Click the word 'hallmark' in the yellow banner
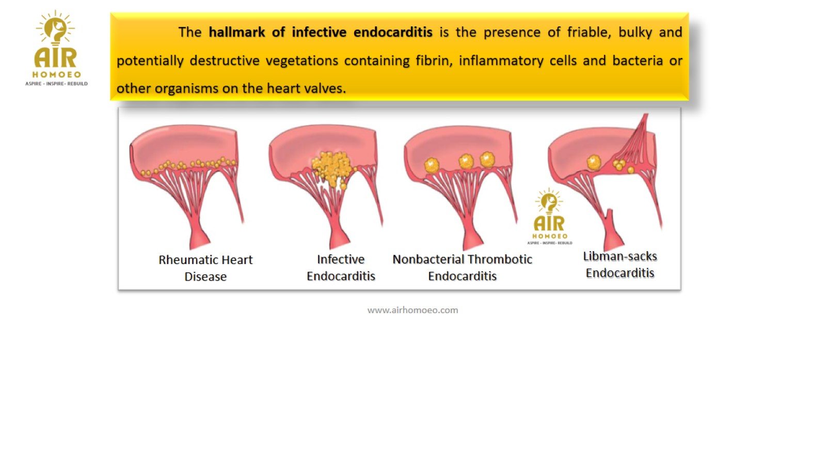click(x=237, y=32)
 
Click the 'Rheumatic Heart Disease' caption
click(x=205, y=268)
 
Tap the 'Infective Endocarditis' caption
click(x=341, y=268)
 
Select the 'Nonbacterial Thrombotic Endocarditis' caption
click(x=462, y=268)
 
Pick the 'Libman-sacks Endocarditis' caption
click(x=620, y=265)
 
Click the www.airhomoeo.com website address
click(x=412, y=310)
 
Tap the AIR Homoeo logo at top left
click(x=56, y=48)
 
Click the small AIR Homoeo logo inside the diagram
click(x=549, y=216)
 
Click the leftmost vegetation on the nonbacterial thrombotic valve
click(x=431, y=165)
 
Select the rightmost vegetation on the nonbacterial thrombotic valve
click(x=487, y=160)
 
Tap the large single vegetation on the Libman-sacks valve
click(x=594, y=162)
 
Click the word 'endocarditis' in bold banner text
click(x=393, y=32)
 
